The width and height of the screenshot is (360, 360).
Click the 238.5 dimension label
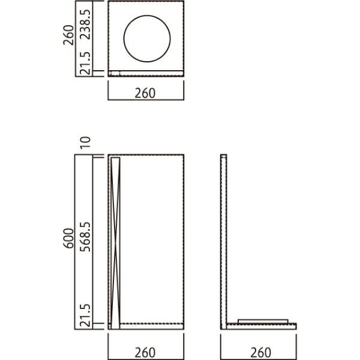(x=86, y=25)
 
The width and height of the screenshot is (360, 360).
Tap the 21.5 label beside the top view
(x=86, y=63)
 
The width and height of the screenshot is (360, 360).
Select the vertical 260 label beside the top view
(x=69, y=35)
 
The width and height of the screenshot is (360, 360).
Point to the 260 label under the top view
(x=145, y=93)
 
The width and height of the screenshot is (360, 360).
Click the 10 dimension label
(x=85, y=143)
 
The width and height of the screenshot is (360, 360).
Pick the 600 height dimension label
(x=68, y=238)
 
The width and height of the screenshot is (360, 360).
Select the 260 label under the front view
(x=145, y=353)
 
